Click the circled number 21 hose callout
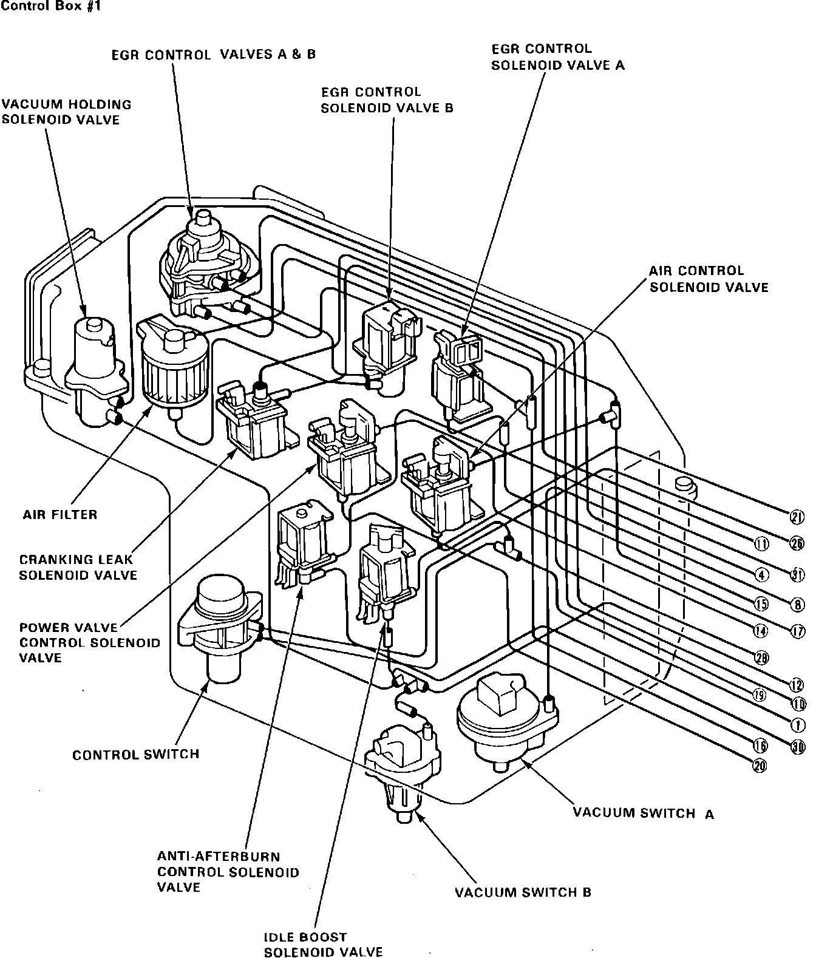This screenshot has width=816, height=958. click(x=797, y=517)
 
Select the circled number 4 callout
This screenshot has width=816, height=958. click(x=762, y=574)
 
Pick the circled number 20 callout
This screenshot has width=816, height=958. click(x=760, y=766)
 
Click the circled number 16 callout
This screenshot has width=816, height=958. click(x=761, y=746)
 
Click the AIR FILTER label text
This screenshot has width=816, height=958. click(x=60, y=515)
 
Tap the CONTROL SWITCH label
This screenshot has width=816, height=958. click(x=135, y=755)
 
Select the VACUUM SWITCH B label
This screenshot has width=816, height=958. click(x=523, y=892)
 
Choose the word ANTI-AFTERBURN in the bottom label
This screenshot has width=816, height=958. click(x=219, y=857)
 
